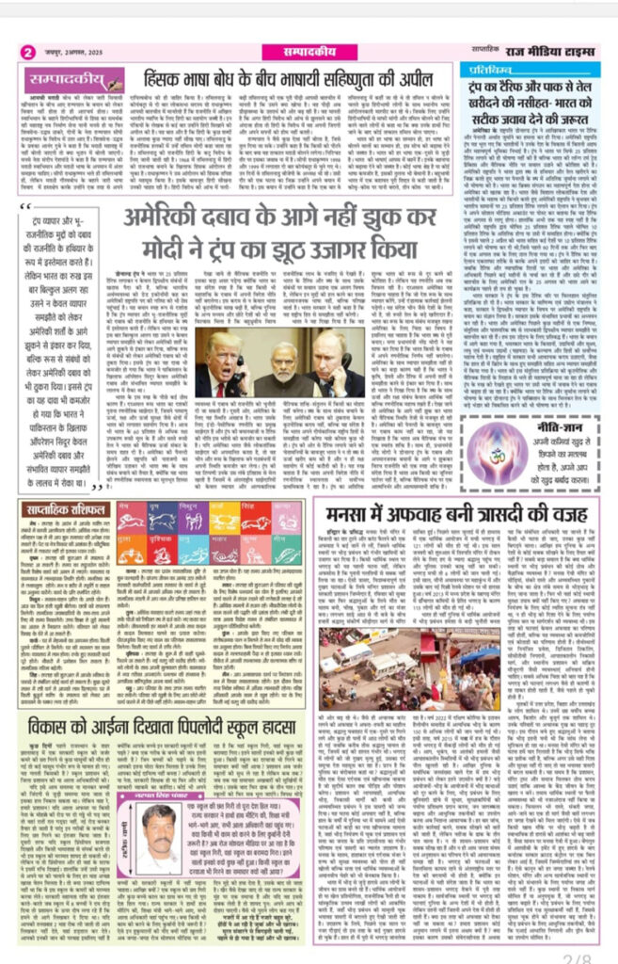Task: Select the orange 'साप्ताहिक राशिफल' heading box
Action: pyautogui.click(x=66, y=508)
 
